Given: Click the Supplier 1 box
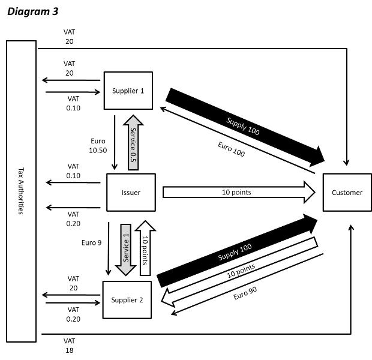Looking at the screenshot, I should pos(128,91).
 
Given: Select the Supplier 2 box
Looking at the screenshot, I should pos(127,299).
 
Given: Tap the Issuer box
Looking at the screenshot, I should pos(131,193).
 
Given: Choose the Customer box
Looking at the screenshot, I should pos(347,193).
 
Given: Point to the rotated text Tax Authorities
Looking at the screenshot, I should pos(21,191).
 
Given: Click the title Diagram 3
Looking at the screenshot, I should pos(33,11).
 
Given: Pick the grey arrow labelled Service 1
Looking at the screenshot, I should pos(126,249).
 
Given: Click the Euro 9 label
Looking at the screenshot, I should pos(92,244).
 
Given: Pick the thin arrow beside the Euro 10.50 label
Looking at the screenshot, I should pos(115,142).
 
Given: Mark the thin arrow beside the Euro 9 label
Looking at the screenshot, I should pos(109,249).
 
